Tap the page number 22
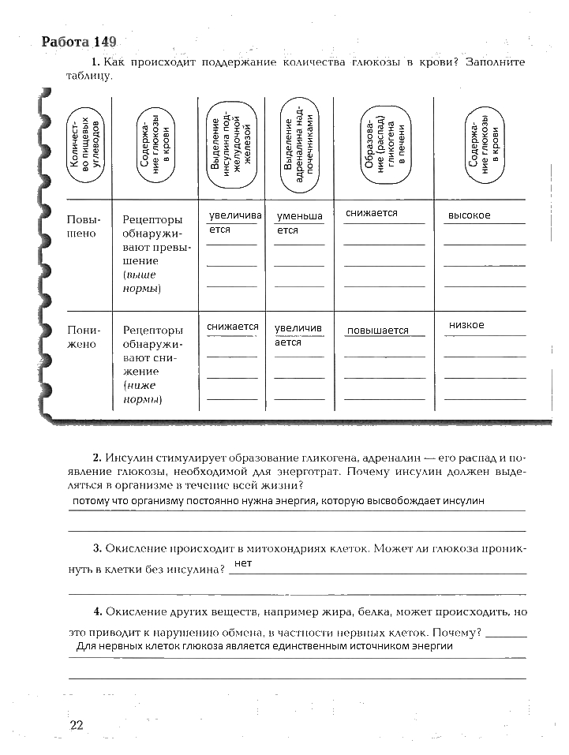click(x=77, y=725)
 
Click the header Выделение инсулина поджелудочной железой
click(x=230, y=144)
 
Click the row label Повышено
click(x=84, y=226)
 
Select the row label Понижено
click(x=84, y=337)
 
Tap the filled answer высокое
click(x=469, y=215)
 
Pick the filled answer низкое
click(x=466, y=325)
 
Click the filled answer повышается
click(x=377, y=331)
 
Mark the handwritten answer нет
click(x=243, y=563)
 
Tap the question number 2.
click(x=95, y=458)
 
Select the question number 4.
click(x=95, y=611)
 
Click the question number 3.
click(x=95, y=548)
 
